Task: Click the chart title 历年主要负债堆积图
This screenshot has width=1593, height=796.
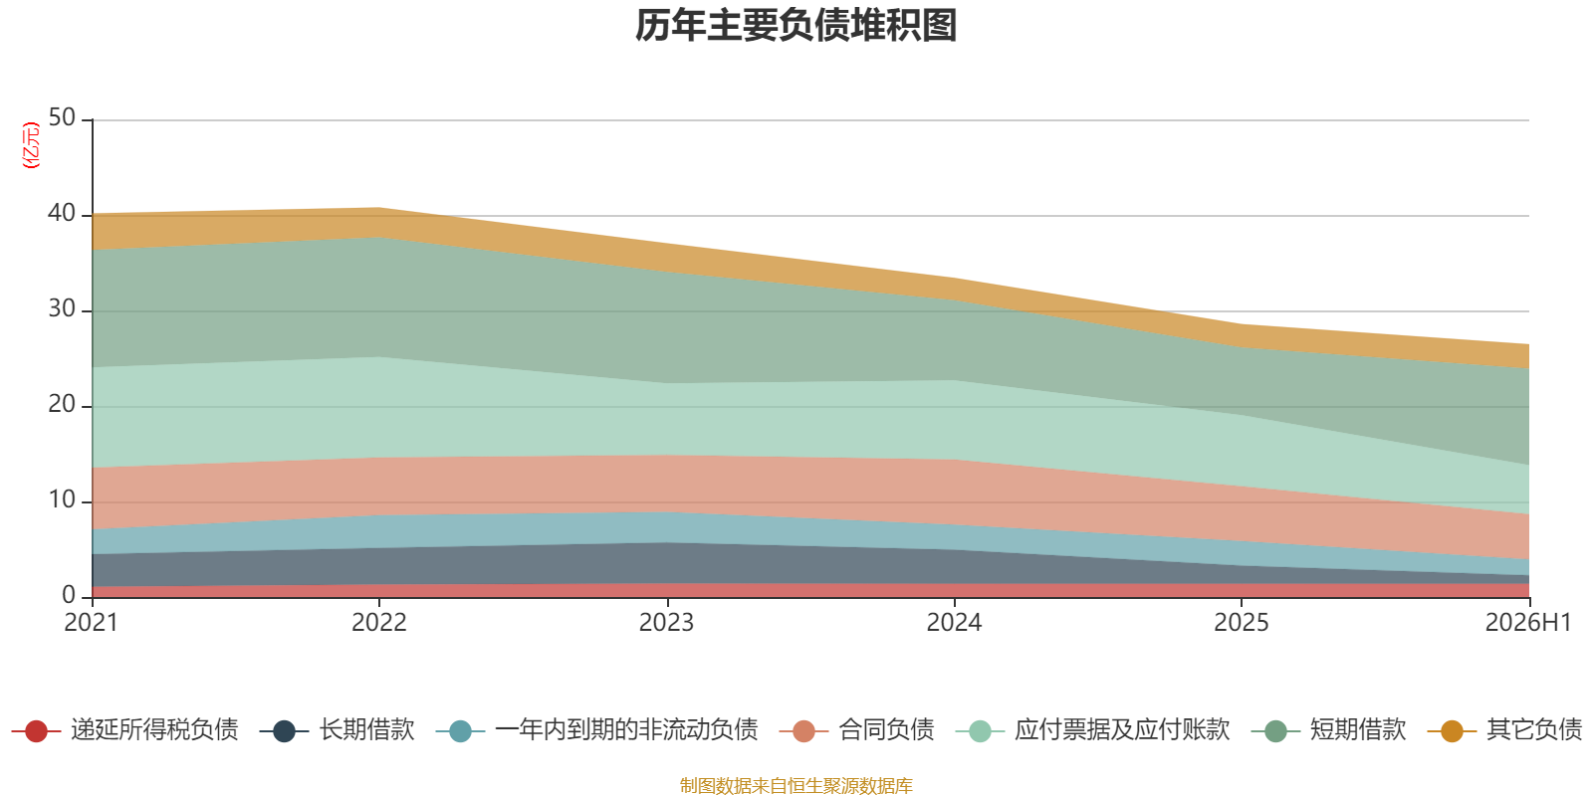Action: pyautogui.click(x=796, y=26)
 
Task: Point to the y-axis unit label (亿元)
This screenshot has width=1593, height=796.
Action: pyautogui.click(x=31, y=145)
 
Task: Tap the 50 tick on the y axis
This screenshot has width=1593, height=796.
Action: pyautogui.click(x=62, y=118)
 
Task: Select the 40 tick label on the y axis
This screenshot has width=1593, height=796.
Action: pyautogui.click(x=62, y=213)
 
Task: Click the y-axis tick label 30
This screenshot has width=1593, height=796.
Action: pyautogui.click(x=62, y=309)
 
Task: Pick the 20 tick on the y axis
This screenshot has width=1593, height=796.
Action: pyautogui.click(x=62, y=404)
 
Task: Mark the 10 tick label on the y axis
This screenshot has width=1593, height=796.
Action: pyautogui.click(x=62, y=500)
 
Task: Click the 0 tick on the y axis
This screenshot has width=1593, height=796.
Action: pyautogui.click(x=69, y=596)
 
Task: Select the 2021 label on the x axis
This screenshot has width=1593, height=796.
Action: pyautogui.click(x=91, y=623)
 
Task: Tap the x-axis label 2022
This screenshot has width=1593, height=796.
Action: pyautogui.click(x=379, y=623)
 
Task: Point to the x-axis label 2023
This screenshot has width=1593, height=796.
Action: pyautogui.click(x=666, y=623)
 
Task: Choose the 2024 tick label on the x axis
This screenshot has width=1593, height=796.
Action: pyautogui.click(x=954, y=623)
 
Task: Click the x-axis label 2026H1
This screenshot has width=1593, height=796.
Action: pyautogui.click(x=1528, y=623)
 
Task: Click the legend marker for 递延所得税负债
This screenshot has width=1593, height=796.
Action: pyautogui.click(x=36, y=731)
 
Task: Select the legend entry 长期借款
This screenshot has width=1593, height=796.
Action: pyautogui.click(x=338, y=730)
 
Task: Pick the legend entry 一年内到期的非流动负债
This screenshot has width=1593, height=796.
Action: pyautogui.click(x=597, y=730)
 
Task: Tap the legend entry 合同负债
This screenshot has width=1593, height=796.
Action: pyautogui.click(x=857, y=730)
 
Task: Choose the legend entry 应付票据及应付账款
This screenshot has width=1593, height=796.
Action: pyautogui.click(x=1093, y=730)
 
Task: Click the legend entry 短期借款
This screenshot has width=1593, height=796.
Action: pyautogui.click(x=1329, y=730)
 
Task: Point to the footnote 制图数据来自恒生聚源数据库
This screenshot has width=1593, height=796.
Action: pyautogui.click(x=796, y=786)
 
